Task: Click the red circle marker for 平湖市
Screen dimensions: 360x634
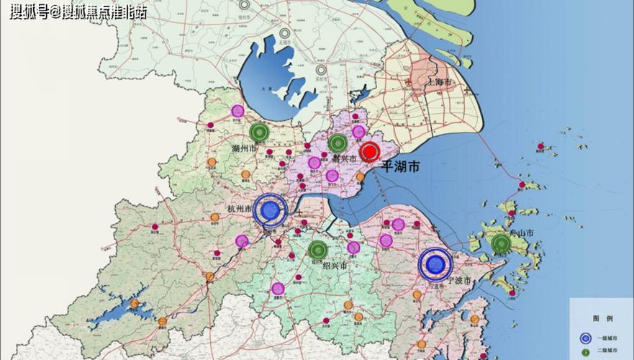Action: pos(370,152)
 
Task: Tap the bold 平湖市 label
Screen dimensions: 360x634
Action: pos(401,167)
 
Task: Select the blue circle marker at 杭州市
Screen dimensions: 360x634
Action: pos(269,210)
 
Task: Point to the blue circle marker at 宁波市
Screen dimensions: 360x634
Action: pos(435,264)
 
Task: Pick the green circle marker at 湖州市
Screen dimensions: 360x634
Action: pos(259,132)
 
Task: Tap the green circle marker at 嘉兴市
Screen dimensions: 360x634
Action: pos(338,142)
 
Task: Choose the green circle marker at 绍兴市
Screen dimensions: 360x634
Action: pos(317,251)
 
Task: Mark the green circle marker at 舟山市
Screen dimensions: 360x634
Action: pos(502,244)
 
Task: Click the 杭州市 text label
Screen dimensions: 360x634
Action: pos(238,209)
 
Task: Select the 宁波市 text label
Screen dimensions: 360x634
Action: pos(458,280)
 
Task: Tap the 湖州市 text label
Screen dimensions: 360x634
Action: pos(245,148)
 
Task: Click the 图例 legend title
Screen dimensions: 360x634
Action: pos(602,318)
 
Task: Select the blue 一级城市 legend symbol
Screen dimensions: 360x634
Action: pos(586,338)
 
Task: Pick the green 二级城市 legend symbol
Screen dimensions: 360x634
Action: pos(586,352)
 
